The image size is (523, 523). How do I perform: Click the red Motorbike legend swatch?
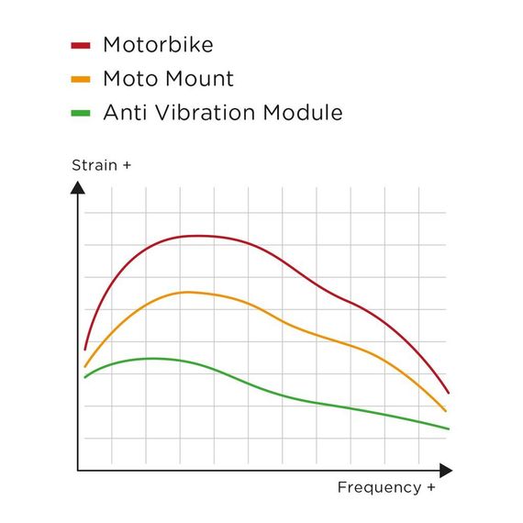[x=81, y=44]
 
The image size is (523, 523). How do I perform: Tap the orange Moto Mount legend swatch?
[x=81, y=79]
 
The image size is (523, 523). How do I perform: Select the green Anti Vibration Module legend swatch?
[x=81, y=114]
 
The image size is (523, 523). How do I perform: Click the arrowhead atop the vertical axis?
[x=78, y=188]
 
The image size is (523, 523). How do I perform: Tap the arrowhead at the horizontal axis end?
[x=446, y=471]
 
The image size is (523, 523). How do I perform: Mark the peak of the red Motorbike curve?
[x=200, y=236]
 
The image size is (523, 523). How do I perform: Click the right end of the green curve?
[x=449, y=428]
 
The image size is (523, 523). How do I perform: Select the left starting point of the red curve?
[x=84, y=349]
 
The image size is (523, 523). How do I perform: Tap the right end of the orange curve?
[x=446, y=411]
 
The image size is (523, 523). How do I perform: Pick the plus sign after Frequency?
[x=430, y=487]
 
